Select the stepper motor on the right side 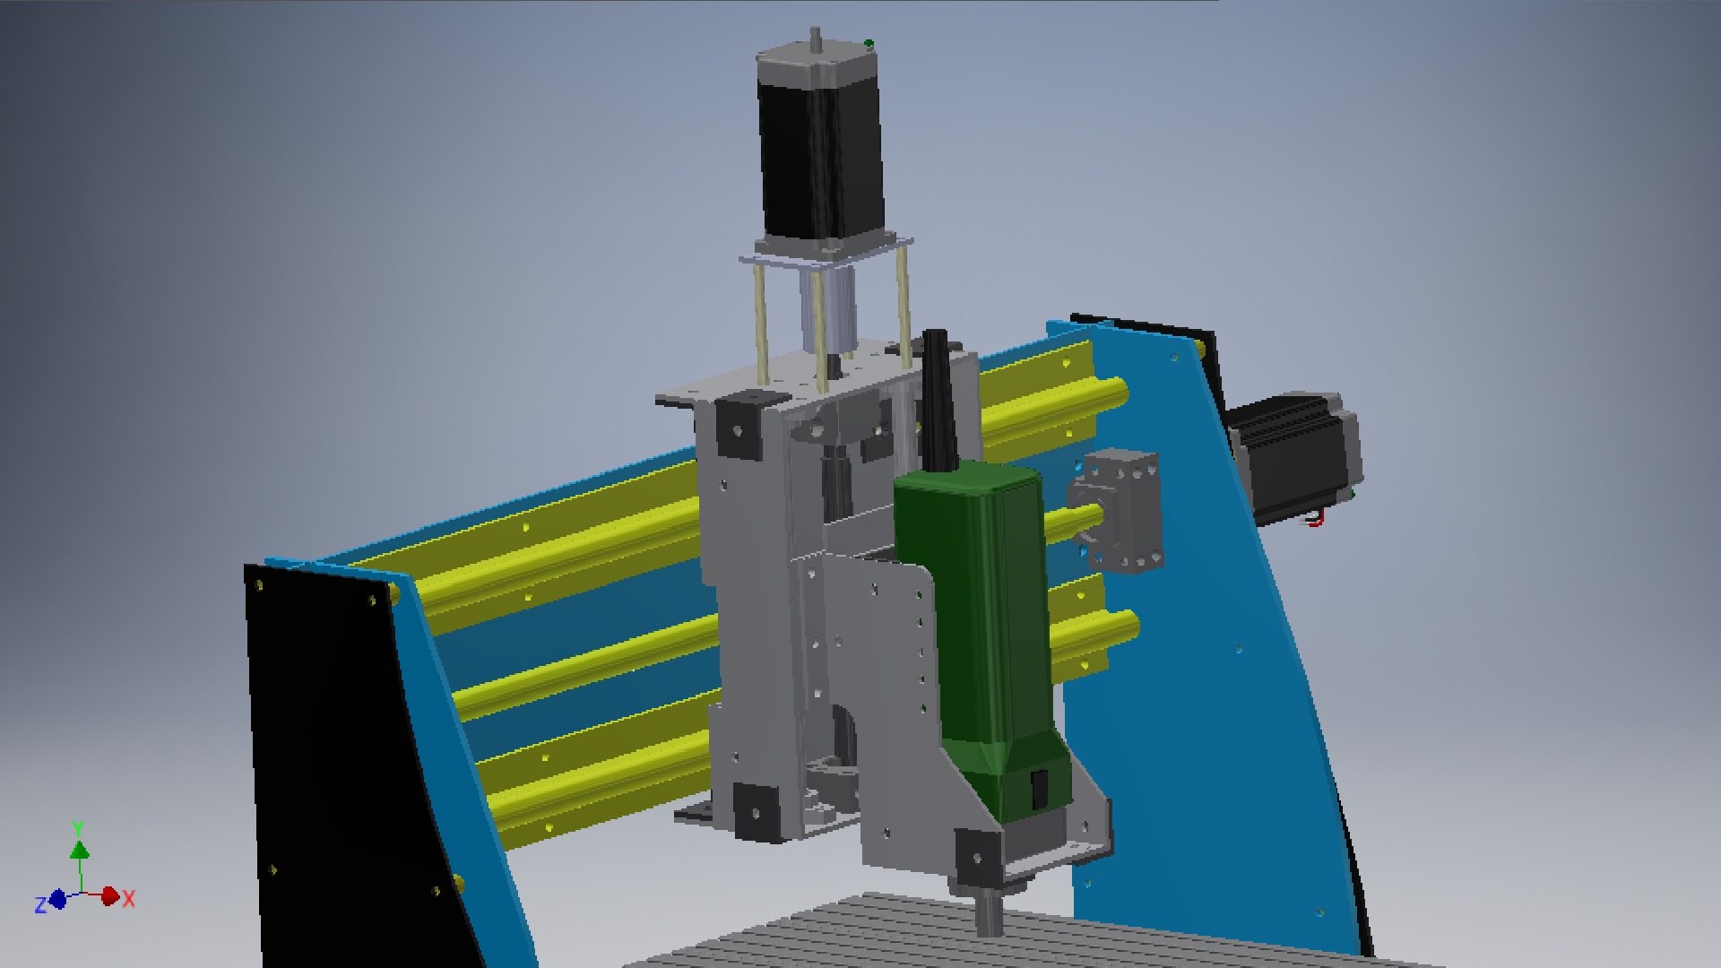click(1295, 457)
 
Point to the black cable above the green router click(938, 394)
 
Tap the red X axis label click(129, 899)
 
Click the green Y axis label click(78, 827)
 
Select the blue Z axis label click(40, 905)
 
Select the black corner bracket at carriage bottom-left click(756, 811)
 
